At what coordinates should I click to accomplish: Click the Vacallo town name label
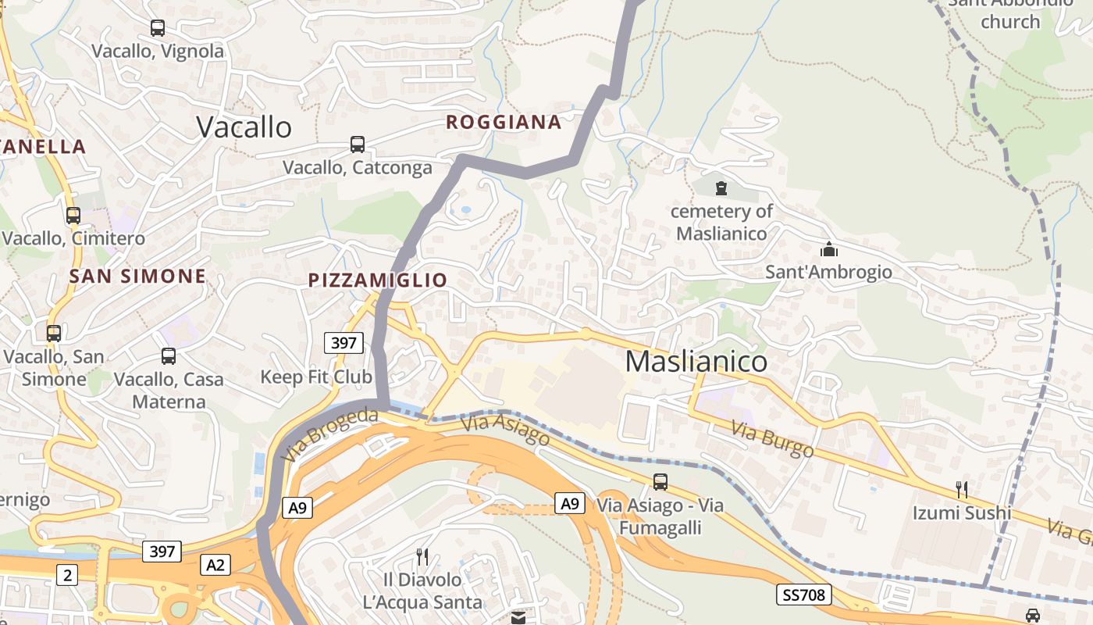pyautogui.click(x=244, y=127)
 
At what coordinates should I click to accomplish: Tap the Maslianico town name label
pyautogui.click(x=696, y=361)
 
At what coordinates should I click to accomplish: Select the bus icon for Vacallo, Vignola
pyautogui.click(x=158, y=28)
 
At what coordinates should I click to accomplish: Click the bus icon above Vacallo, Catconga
pyautogui.click(x=357, y=145)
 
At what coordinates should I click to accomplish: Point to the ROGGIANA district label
pyautogui.click(x=504, y=122)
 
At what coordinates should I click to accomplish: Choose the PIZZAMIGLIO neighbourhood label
pyautogui.click(x=378, y=280)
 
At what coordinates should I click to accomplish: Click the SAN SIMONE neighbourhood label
pyautogui.click(x=137, y=276)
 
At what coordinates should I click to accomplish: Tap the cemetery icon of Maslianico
pyautogui.click(x=721, y=187)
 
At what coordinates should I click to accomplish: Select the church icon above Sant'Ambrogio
pyautogui.click(x=828, y=249)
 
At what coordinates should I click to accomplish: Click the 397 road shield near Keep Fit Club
pyautogui.click(x=344, y=342)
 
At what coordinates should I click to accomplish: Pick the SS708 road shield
pyautogui.click(x=803, y=595)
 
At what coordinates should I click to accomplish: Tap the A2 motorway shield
pyautogui.click(x=215, y=564)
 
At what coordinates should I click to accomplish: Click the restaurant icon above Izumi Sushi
pyautogui.click(x=962, y=490)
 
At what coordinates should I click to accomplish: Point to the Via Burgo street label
pyautogui.click(x=772, y=439)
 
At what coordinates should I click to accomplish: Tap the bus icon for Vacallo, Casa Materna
pyautogui.click(x=169, y=356)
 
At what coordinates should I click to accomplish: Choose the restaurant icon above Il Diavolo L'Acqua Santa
pyautogui.click(x=422, y=557)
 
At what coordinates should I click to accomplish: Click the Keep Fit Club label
pyautogui.click(x=316, y=377)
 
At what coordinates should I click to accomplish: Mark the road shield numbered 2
pyautogui.click(x=67, y=576)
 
